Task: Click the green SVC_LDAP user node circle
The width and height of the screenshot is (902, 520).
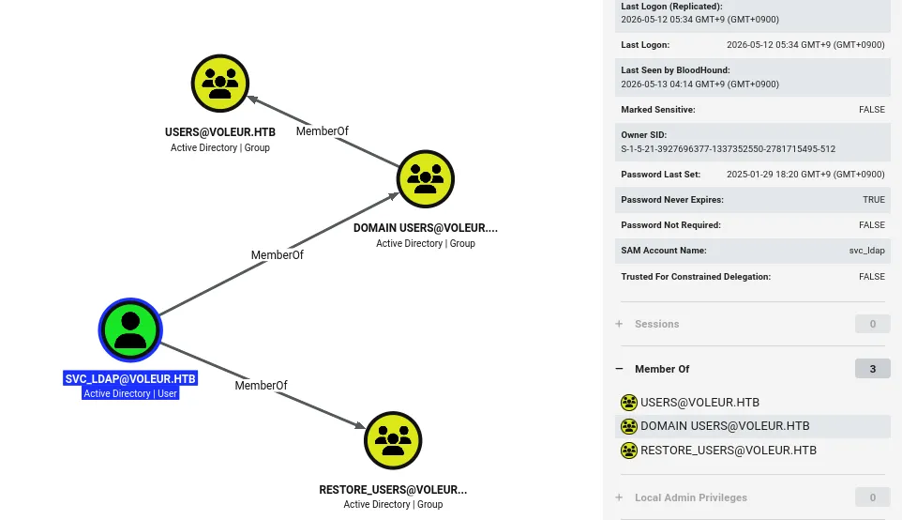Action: click(130, 330)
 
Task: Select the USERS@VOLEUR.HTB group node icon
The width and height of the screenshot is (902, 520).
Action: click(219, 84)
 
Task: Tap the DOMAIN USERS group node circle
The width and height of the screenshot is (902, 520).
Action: click(425, 179)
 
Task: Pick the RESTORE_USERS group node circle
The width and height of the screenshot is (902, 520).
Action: click(393, 440)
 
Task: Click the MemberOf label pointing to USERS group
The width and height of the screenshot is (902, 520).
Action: click(323, 131)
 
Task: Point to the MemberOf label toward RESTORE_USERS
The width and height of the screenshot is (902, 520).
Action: click(261, 385)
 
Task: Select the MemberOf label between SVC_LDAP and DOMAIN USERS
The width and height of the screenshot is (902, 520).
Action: click(277, 255)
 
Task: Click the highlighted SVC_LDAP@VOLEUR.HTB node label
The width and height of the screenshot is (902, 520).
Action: click(130, 379)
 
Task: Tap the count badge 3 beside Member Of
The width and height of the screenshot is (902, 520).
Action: click(873, 369)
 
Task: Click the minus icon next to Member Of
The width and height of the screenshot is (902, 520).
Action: click(619, 369)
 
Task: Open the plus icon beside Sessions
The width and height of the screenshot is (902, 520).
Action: click(619, 324)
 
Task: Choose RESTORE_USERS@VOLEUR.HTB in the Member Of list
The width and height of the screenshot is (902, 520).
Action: click(729, 451)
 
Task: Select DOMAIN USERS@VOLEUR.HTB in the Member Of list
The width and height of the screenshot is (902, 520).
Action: click(725, 426)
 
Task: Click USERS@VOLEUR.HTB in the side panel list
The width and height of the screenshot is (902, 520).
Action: click(699, 403)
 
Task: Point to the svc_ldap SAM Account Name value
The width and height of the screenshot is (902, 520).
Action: click(867, 251)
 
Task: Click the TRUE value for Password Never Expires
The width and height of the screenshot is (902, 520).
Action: click(874, 200)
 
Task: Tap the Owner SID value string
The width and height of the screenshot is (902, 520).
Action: click(729, 148)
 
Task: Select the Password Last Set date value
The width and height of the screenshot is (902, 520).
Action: click(805, 175)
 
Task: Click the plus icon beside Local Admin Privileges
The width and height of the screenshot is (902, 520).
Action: click(619, 497)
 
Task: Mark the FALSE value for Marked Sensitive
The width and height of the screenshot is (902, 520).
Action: click(872, 110)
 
